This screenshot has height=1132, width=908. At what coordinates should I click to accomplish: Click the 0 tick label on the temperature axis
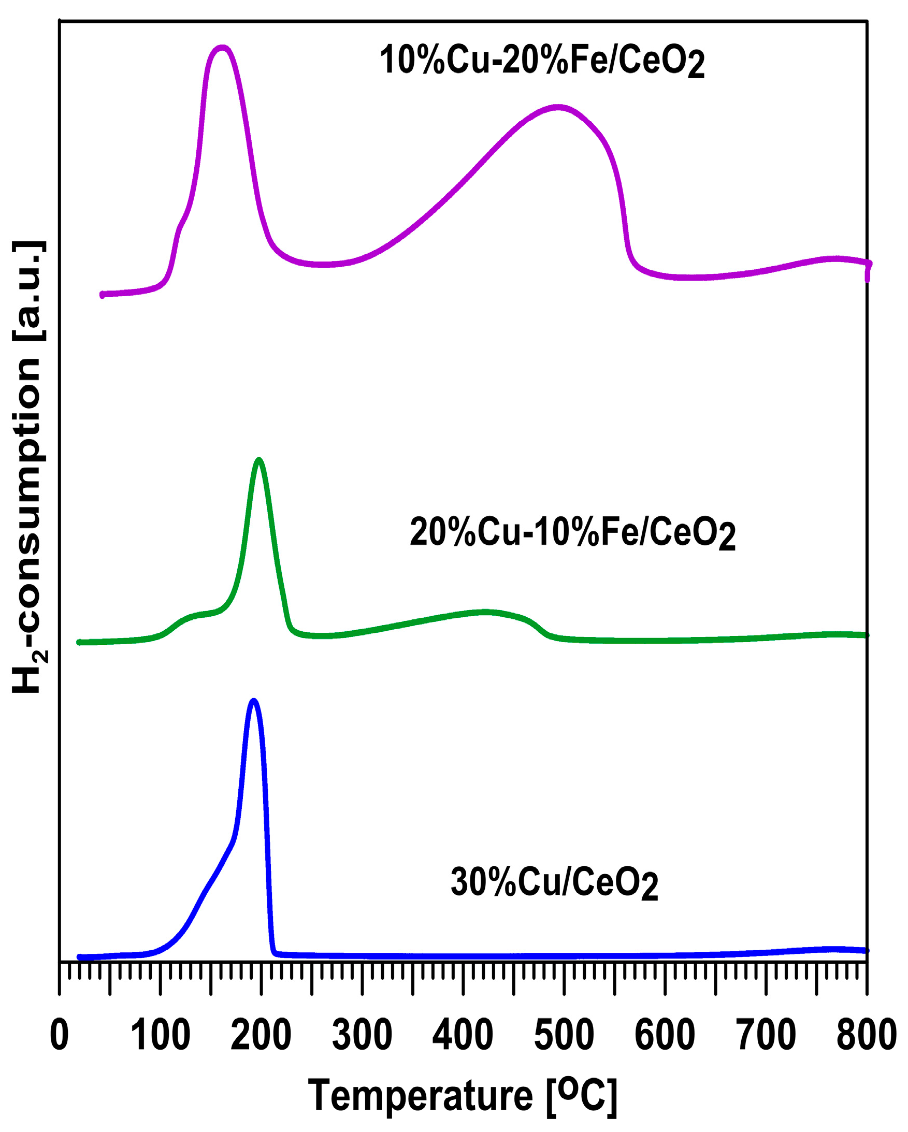(60, 1035)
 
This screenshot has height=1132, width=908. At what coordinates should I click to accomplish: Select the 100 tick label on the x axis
(160, 1035)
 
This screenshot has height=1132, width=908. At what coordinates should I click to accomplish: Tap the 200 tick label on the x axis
(261, 1035)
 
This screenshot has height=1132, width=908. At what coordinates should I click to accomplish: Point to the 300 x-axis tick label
(362, 1035)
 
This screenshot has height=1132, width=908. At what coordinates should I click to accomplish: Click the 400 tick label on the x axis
(463, 1035)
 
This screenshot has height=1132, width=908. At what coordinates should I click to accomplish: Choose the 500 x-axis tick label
(564, 1035)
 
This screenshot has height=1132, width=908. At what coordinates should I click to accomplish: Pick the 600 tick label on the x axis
(665, 1035)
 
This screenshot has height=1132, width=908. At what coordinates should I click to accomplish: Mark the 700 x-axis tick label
(766, 1035)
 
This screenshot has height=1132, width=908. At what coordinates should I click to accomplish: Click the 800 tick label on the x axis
(866, 1035)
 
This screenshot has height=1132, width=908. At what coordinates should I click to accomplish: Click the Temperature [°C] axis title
(462, 1096)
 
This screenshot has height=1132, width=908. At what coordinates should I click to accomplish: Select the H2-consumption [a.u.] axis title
(29, 467)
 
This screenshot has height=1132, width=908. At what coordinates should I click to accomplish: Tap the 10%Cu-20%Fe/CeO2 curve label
(541, 61)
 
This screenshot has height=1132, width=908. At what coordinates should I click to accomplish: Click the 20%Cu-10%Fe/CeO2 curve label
(572, 533)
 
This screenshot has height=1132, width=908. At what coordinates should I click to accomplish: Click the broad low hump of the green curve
(486, 612)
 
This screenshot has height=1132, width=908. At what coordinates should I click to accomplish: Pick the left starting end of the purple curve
(103, 295)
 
